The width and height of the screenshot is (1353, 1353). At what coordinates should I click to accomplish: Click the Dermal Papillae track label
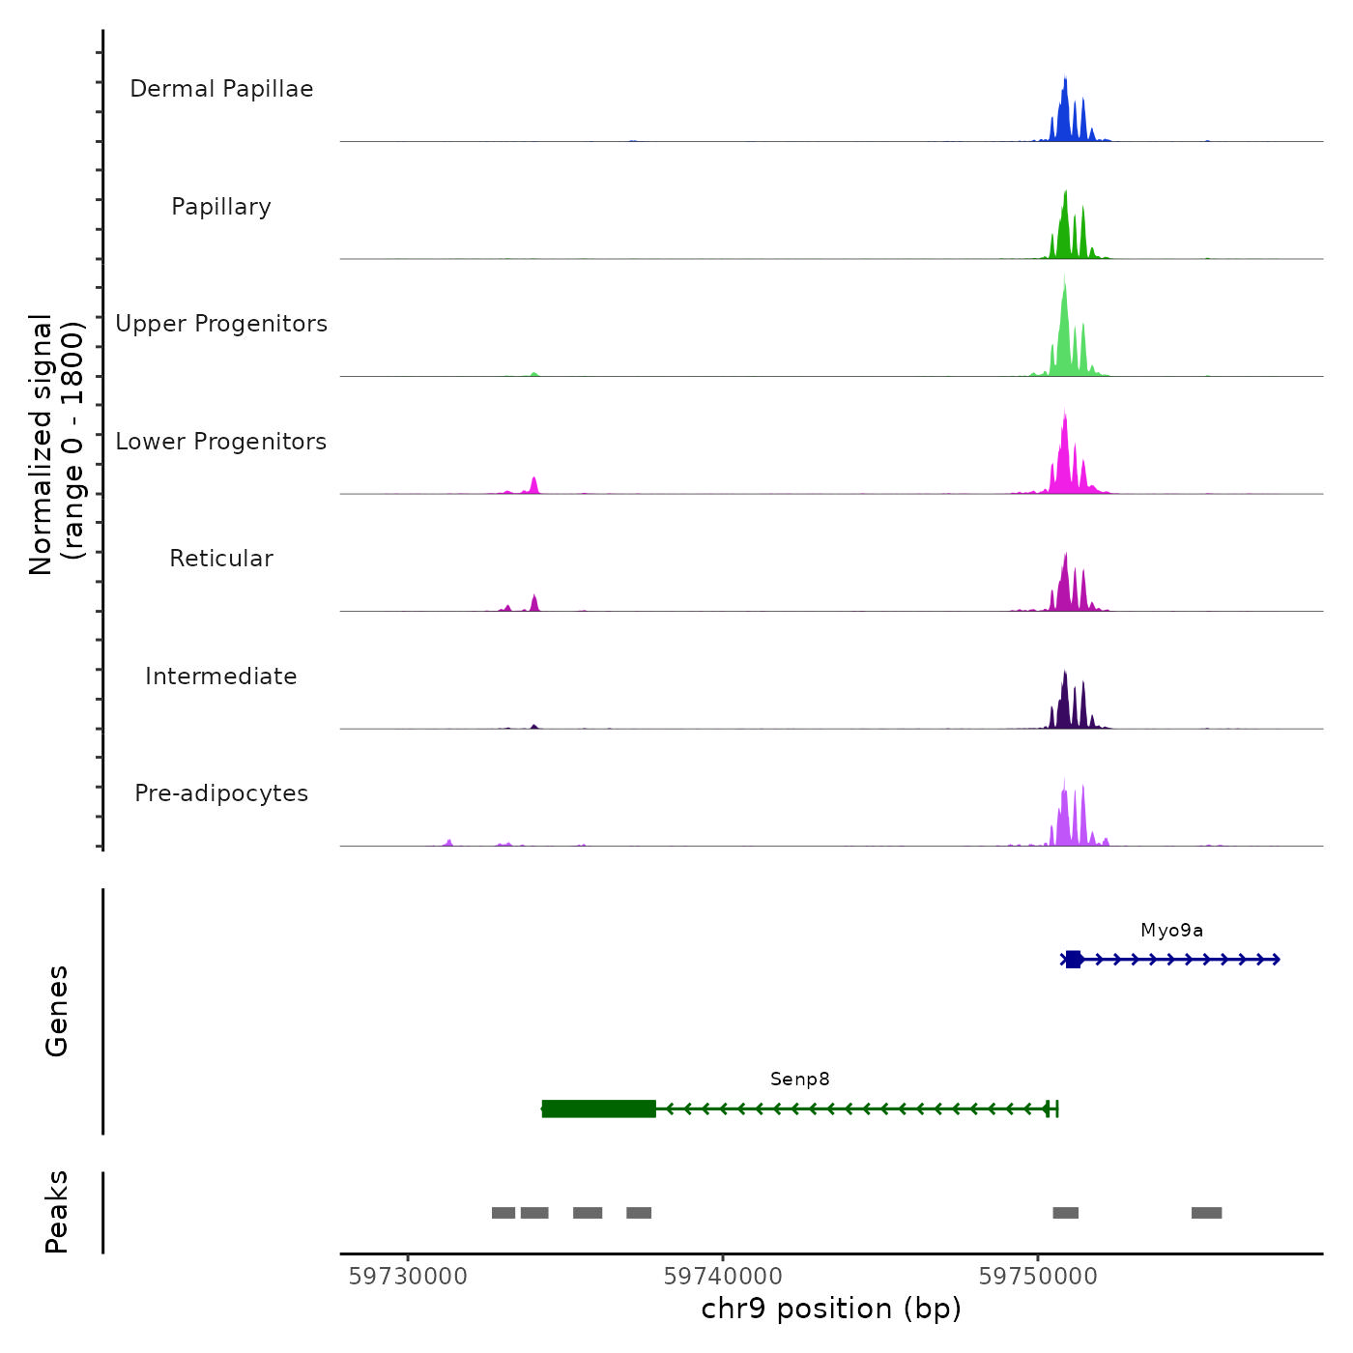(221, 89)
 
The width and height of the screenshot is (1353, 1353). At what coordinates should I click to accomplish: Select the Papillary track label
(221, 207)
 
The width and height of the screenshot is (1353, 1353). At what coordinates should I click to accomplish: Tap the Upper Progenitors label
(221, 324)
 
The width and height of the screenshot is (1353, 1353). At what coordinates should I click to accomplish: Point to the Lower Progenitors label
(221, 442)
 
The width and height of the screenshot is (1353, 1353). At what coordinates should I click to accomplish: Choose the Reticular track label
(221, 559)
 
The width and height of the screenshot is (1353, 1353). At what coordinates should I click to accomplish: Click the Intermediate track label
(221, 676)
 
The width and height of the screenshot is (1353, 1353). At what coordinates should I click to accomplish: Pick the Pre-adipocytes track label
(221, 793)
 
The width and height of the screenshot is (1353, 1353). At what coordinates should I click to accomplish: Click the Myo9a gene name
(1171, 931)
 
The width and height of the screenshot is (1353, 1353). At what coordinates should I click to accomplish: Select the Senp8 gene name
(799, 1080)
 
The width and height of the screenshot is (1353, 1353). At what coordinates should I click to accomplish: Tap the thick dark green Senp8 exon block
(599, 1108)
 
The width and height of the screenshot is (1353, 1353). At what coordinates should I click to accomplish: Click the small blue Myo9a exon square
(1073, 959)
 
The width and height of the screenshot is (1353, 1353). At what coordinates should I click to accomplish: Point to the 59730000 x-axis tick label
(408, 1277)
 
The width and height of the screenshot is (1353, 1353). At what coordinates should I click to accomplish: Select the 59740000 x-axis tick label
(723, 1277)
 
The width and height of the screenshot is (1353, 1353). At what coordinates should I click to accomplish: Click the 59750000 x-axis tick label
(1038, 1277)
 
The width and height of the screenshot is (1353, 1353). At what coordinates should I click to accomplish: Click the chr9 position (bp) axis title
(831, 1310)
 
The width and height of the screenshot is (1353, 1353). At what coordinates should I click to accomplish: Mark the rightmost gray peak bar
(1206, 1213)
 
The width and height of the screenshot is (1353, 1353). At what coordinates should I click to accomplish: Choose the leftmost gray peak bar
(504, 1213)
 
